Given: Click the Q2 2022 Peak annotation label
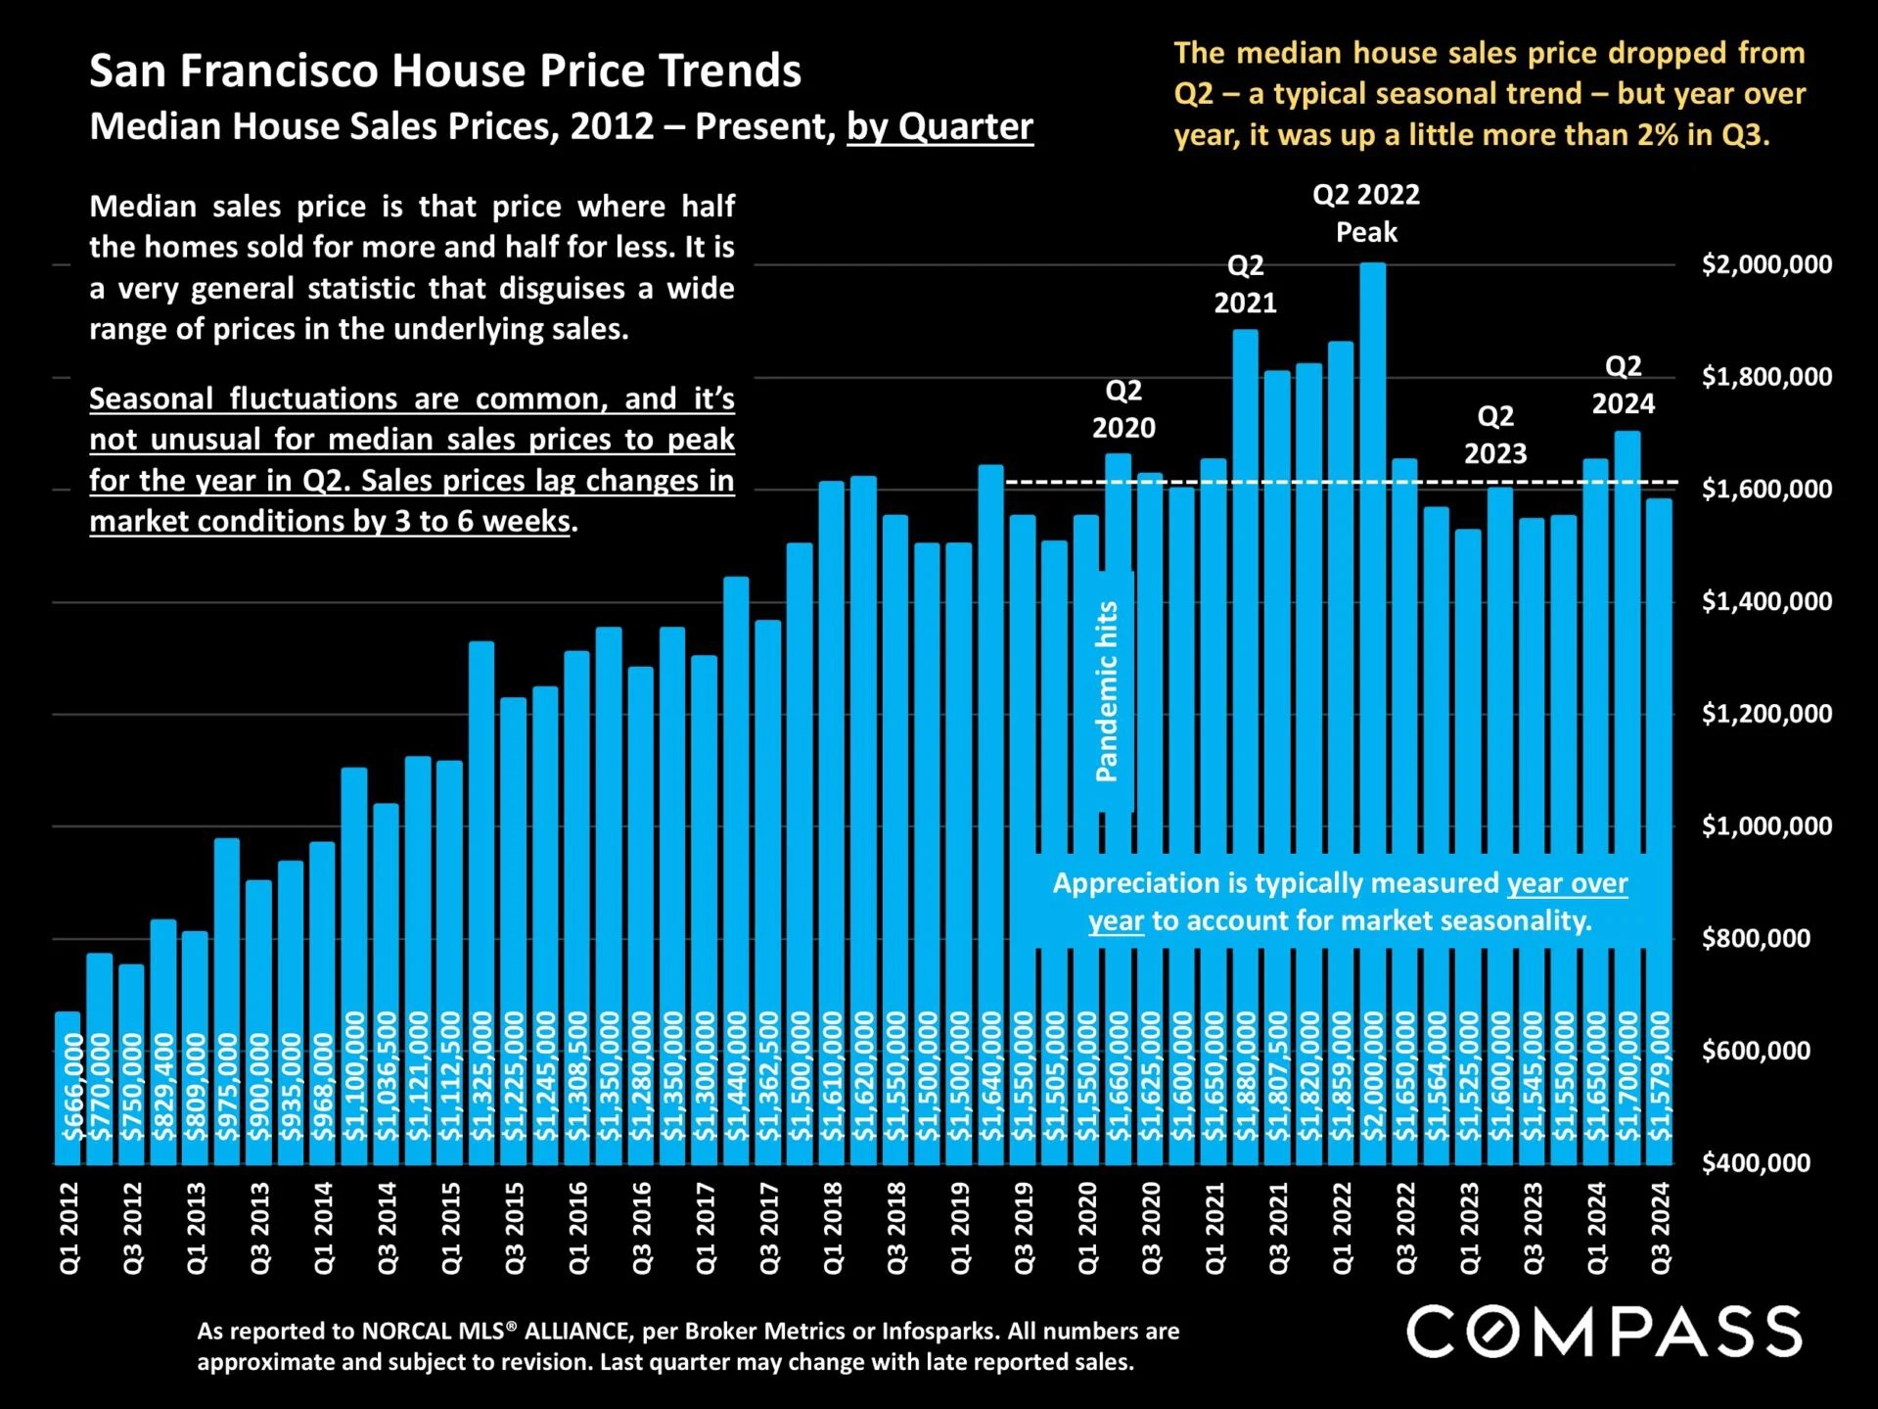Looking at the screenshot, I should tap(1365, 213).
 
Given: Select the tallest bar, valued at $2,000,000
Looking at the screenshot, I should tap(1372, 685).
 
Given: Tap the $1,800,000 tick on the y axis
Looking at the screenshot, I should tap(1766, 377).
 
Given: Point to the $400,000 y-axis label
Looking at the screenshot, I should tap(1756, 1163).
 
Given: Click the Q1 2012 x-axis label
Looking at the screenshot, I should tap(69, 1228).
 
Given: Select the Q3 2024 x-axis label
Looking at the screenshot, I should tap(1660, 1228).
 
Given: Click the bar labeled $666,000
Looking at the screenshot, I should tap(68, 1087).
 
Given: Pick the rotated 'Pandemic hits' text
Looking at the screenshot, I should tap(1106, 691).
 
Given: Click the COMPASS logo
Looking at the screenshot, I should tap(1604, 1332).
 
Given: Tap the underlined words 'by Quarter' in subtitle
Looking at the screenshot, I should tap(939, 127).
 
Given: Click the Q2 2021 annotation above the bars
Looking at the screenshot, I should tap(1245, 284).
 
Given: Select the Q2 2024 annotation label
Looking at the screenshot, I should tap(1623, 385).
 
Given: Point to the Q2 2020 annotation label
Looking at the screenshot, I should tap(1123, 409).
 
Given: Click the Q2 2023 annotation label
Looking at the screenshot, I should tap(1494, 435).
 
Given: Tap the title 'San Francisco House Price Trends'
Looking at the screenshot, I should tap(445, 71).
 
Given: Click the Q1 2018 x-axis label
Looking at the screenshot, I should tap(833, 1228).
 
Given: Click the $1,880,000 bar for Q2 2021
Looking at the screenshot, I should tap(1245, 685).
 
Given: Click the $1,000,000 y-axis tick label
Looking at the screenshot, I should tap(1766, 826).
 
